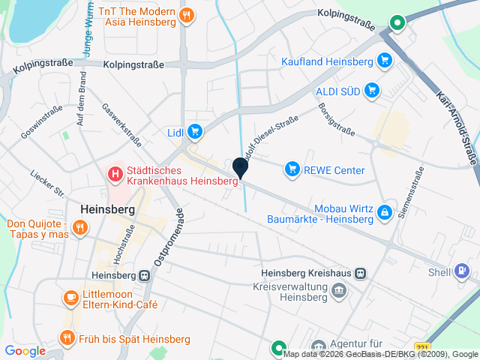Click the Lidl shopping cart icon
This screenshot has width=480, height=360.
[195, 133]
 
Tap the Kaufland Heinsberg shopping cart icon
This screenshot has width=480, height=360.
[385, 61]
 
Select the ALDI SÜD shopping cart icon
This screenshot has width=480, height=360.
[371, 91]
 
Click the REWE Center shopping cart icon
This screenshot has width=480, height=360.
[292, 170]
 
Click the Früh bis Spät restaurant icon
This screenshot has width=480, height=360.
[67, 338]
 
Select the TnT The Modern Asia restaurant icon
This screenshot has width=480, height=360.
[187, 14]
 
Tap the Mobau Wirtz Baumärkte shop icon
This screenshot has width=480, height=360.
[385, 213]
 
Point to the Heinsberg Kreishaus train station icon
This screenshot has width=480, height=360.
[361, 273]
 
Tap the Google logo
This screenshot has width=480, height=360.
[25, 350]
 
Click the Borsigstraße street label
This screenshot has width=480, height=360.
[336, 119]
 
